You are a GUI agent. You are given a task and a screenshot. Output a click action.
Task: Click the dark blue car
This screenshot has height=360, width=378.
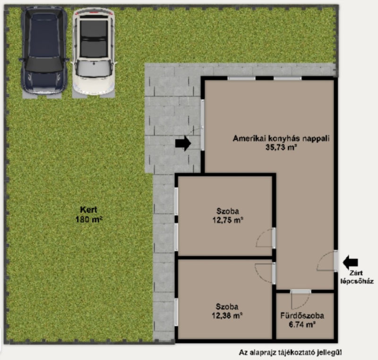pos(44,50)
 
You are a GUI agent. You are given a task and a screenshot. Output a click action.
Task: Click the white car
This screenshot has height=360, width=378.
pos(94,52)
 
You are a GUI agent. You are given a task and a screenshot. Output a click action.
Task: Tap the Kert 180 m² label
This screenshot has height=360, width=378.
pos(89,214)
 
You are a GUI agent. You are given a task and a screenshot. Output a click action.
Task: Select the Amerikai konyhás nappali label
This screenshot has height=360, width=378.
pos(281,138)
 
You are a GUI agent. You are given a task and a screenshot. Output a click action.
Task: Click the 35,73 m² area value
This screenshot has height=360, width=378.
pos(281,147)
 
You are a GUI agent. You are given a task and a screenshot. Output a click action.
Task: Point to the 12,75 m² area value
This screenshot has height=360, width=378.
pos(228,220)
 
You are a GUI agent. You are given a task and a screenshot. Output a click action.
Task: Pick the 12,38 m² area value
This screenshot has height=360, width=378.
pos(227,315)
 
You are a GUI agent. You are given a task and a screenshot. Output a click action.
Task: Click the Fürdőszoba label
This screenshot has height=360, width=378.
pos(302,316)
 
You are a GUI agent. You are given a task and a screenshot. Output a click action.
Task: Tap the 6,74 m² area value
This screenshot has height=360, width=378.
pos(302,325)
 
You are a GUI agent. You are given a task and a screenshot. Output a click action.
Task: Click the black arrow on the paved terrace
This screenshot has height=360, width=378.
pos(183,143)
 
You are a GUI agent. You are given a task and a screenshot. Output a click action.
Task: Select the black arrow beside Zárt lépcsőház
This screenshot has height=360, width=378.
pos(350,262)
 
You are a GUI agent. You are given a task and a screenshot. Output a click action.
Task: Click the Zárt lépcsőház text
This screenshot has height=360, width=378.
pos(357,277)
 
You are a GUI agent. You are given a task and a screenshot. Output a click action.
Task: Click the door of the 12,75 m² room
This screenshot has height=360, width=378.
pos(266,237)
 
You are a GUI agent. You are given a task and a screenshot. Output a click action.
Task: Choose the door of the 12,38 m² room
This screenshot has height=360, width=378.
pos(266,272)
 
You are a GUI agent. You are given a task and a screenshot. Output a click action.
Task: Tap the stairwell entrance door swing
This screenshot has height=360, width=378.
pos(327,261)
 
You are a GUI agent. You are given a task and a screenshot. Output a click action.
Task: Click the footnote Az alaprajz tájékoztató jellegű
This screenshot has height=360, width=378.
pos(290,352)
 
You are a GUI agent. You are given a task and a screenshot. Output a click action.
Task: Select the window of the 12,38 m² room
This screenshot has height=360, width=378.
pos(176,312)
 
